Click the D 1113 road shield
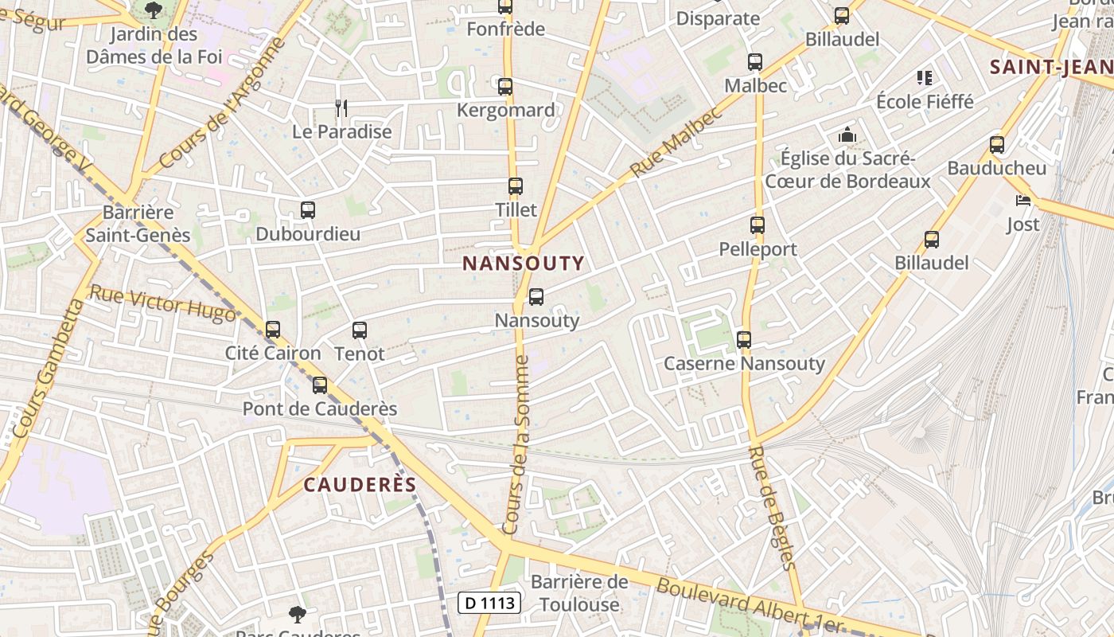tap(489, 603)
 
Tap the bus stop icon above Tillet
tap(516, 186)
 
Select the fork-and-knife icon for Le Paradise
tap(341, 107)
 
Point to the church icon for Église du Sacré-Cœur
tap(847, 135)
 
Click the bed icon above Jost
tap(1023, 201)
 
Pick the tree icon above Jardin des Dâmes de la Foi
tap(153, 10)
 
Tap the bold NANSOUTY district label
tap(524, 263)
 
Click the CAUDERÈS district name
tap(360, 485)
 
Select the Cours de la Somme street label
tap(516, 446)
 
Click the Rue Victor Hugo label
tap(162, 304)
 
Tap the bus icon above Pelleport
tap(757, 225)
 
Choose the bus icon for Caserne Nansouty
tap(744, 340)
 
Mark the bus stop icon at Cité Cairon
tap(273, 329)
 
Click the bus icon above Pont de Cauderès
tap(320, 385)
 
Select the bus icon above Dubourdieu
tap(308, 210)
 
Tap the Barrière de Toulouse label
tap(579, 593)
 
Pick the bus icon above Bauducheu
tap(997, 145)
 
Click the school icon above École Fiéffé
tap(925, 78)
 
